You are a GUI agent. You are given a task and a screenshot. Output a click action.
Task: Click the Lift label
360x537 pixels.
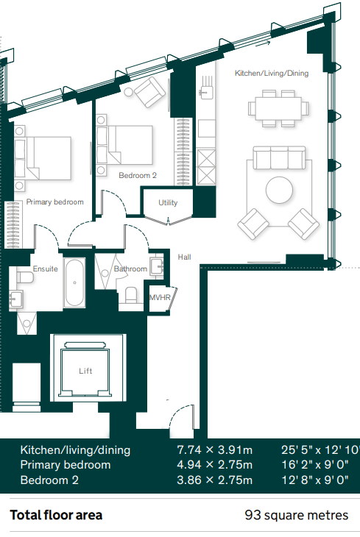click(85, 371)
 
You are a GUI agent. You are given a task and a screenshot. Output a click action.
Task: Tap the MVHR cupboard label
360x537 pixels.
click(160, 298)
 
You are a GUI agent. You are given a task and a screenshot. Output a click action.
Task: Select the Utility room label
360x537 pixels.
click(168, 203)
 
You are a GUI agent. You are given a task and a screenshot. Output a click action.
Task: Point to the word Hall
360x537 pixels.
click(185, 257)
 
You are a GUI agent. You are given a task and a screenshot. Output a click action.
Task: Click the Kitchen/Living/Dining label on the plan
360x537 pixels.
click(272, 73)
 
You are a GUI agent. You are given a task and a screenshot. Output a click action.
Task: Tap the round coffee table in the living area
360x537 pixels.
click(280, 190)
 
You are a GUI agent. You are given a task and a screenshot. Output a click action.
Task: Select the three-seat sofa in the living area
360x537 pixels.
click(279, 158)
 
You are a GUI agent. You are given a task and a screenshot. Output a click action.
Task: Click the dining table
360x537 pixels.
click(278, 109)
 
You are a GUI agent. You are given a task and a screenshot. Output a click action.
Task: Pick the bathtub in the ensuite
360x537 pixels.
click(74, 283)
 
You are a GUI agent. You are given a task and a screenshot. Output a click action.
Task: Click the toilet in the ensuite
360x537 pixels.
click(25, 277)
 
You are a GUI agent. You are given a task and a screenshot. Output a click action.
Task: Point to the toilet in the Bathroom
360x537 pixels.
click(131, 295)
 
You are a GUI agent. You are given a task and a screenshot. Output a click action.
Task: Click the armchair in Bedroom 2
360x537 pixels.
click(149, 92)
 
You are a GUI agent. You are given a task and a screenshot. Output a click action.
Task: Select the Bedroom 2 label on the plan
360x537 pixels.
click(138, 175)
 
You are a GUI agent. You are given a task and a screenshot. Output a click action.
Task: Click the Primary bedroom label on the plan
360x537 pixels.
click(55, 202)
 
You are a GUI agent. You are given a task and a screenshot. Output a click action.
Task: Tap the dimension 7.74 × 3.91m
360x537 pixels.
click(215, 449)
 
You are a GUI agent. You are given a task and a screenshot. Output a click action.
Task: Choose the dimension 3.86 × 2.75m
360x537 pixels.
click(215, 480)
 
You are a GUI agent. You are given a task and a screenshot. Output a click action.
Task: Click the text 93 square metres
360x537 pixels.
click(297, 515)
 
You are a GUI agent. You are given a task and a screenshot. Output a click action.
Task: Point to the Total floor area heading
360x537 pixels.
click(56, 515)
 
